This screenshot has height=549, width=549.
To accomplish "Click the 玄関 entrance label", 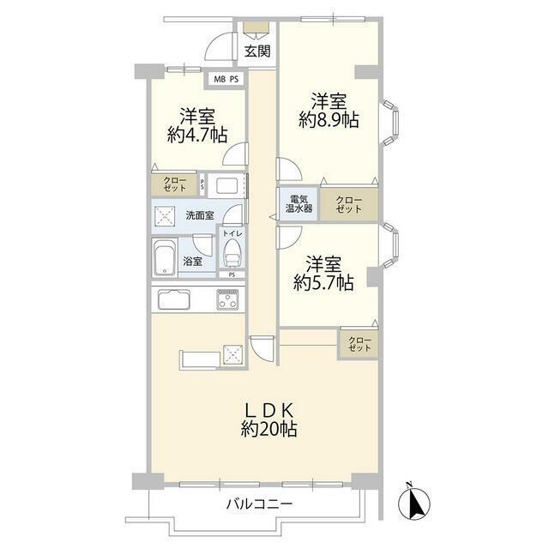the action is (x=257, y=51).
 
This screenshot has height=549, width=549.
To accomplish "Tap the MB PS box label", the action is (x=226, y=79).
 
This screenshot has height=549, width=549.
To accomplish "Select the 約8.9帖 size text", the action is (x=329, y=120).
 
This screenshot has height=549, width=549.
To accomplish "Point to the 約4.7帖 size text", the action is (x=197, y=135).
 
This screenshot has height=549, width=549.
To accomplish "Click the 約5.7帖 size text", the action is (x=323, y=282).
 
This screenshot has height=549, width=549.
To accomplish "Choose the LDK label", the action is (x=268, y=410).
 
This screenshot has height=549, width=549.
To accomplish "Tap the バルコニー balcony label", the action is (x=259, y=504).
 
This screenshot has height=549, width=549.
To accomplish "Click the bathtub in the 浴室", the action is (x=165, y=258).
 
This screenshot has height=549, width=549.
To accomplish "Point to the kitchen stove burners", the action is (x=227, y=299).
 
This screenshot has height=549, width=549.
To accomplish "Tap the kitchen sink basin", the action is (x=174, y=299).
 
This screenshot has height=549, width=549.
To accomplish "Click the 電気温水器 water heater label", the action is (x=299, y=204).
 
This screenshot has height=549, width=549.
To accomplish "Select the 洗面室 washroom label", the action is (x=200, y=215).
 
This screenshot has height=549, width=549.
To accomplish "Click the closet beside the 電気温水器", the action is (x=349, y=205).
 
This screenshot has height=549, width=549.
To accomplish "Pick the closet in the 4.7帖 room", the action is (x=174, y=184).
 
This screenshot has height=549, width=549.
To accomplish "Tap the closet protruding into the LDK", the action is (x=359, y=344).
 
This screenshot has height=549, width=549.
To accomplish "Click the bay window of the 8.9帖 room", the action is (x=390, y=123).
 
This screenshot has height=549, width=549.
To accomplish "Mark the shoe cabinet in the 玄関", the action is (x=256, y=27).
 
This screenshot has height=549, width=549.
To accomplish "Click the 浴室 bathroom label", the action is (x=192, y=261).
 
